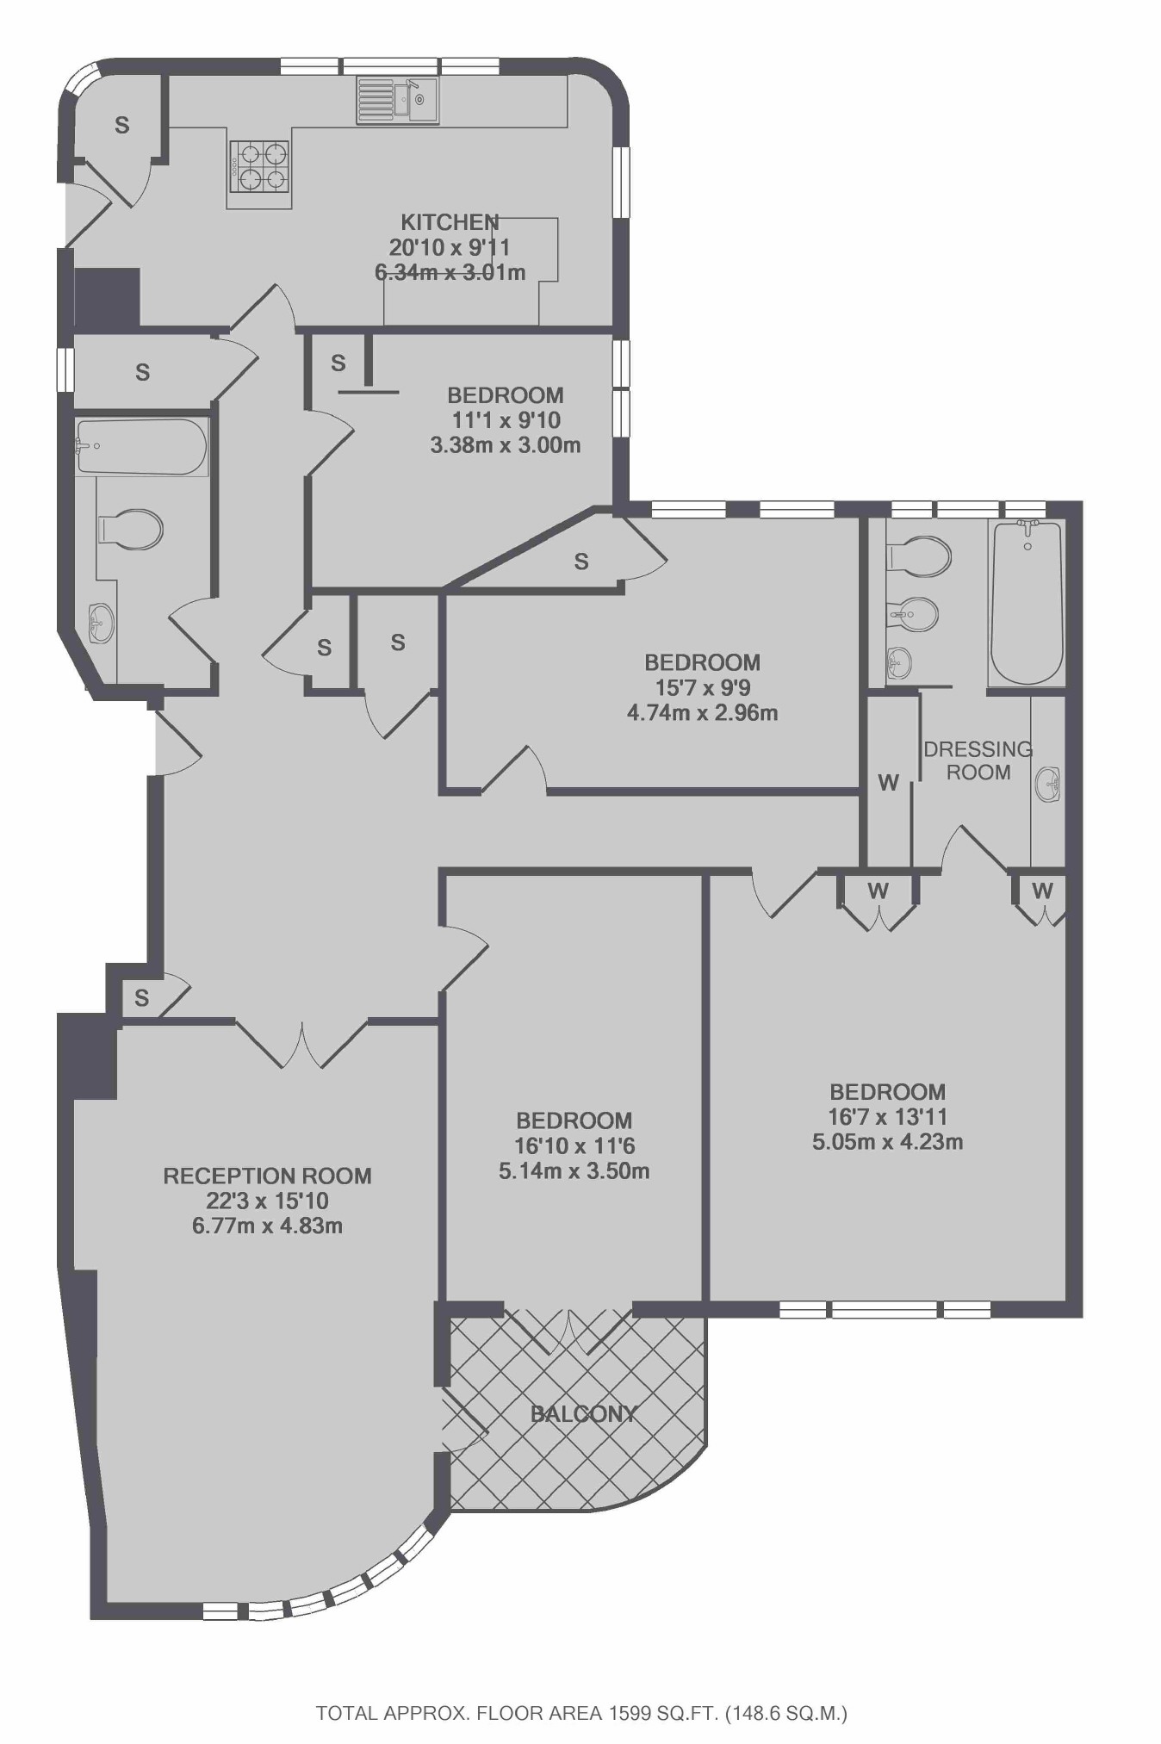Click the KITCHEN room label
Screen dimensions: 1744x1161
[449, 222]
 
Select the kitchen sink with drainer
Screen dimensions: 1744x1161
[398, 100]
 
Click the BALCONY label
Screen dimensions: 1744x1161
[583, 1413]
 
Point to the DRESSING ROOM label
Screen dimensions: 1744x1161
[978, 760]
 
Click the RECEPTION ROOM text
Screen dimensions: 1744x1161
[267, 1176]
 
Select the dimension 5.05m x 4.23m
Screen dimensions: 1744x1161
[887, 1142]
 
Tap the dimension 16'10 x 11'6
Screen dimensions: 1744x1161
[574, 1145]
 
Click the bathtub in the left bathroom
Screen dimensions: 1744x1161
[141, 446]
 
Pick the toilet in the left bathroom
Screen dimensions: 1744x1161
[132, 528]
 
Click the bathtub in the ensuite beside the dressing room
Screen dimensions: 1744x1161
[1027, 603]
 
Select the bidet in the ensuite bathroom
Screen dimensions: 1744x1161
[913, 614]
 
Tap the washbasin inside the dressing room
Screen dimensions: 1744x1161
[1049, 784]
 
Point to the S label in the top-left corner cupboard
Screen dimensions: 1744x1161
[121, 125]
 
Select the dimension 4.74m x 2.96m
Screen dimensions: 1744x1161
[702, 712]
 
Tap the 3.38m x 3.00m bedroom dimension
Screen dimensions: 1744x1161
[505, 445]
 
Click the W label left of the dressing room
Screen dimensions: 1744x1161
[888, 782]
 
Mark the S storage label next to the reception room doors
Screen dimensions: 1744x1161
[142, 997]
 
